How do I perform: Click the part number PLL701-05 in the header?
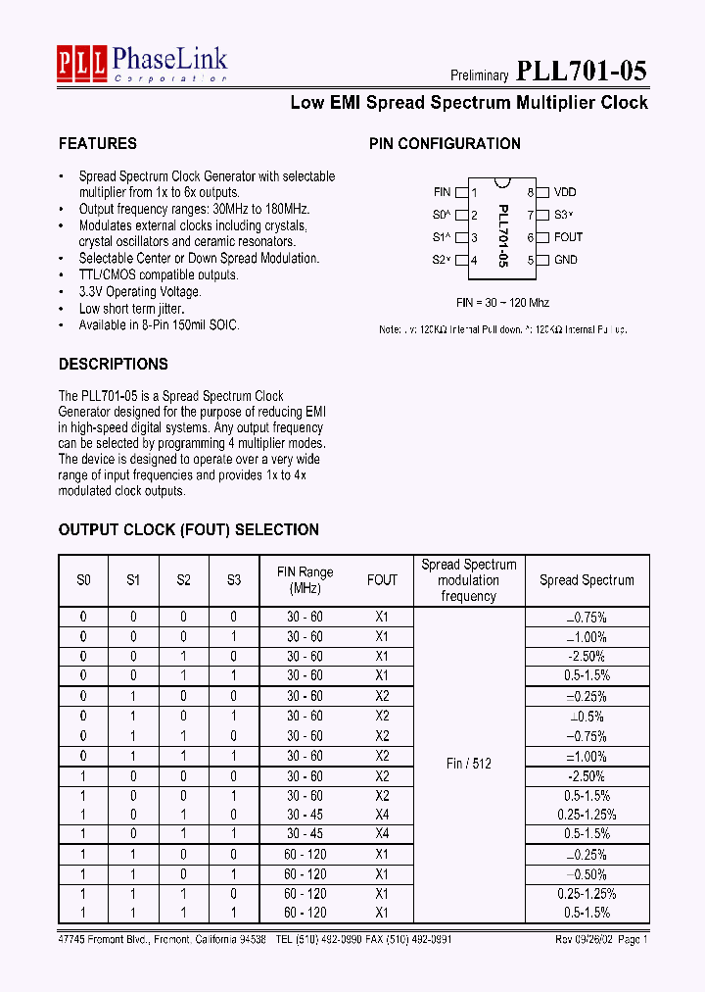581,71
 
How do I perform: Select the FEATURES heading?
98,143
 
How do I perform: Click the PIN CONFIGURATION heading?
445,143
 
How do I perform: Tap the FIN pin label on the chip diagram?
442,192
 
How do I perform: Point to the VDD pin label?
565,192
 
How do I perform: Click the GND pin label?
565,260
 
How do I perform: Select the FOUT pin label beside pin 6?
568,237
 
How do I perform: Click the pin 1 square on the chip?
462,193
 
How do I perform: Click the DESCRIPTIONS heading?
114,364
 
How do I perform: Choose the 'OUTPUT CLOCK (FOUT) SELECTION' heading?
189,529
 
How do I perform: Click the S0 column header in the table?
83,579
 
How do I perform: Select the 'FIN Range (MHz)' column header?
305,579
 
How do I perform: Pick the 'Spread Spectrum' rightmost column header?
587,579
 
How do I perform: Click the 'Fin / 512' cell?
469,763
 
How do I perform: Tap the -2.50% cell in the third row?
587,656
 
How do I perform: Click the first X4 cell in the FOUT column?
382,814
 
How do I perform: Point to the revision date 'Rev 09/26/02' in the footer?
578,938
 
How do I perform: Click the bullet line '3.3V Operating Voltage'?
140,291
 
